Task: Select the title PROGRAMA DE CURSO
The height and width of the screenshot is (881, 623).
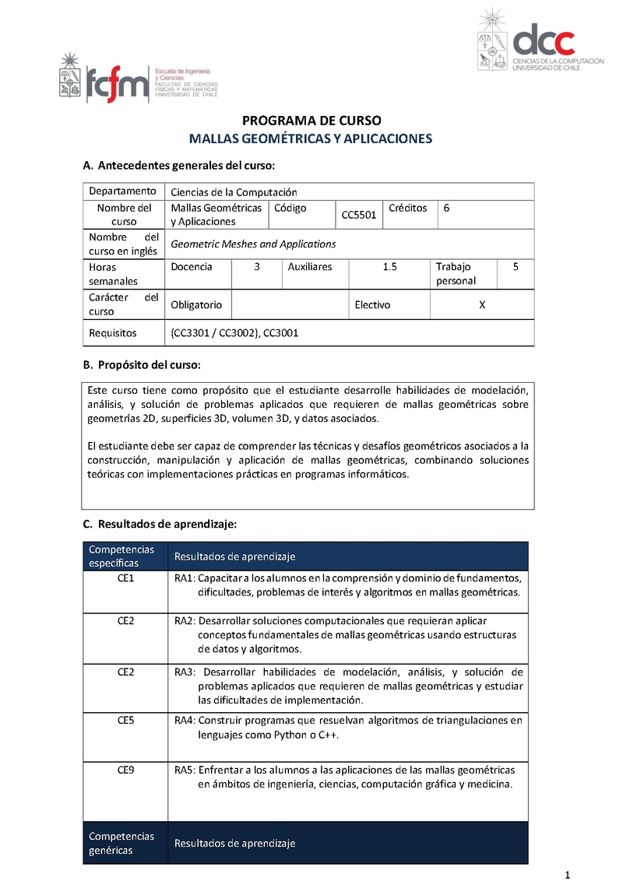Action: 311,121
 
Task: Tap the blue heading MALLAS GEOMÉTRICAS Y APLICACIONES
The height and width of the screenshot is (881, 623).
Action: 311,139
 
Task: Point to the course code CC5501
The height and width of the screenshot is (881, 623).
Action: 359,215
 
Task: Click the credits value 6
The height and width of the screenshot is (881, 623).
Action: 446,208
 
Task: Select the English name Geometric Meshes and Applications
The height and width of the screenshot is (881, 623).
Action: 253,244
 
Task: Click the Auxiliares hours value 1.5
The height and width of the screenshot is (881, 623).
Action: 390,266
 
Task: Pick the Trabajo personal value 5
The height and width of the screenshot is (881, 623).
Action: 516,266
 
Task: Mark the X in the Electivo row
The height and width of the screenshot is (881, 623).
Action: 482,304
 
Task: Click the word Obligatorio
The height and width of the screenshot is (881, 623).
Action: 196,304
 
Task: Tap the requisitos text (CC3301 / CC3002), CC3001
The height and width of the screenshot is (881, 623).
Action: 234,332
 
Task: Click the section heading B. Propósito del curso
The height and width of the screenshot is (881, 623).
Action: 142,364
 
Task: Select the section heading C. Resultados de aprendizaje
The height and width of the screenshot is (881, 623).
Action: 159,525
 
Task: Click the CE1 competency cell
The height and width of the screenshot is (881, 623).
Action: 125,578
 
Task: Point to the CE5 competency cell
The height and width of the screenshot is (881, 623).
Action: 125,720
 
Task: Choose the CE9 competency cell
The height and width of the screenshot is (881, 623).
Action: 125,770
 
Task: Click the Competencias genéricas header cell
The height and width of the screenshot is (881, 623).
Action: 121,843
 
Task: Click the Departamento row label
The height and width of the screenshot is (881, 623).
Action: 122,191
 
